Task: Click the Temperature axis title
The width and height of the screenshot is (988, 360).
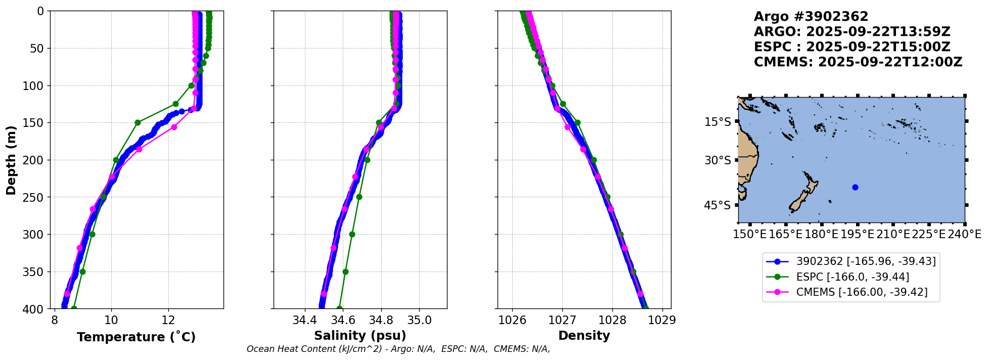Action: pyautogui.click(x=136, y=337)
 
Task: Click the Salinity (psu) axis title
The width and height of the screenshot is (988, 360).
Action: pyautogui.click(x=360, y=336)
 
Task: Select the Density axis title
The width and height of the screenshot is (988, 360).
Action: pyautogui.click(x=584, y=336)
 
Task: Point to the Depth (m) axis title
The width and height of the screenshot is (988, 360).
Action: pyautogui.click(x=11, y=160)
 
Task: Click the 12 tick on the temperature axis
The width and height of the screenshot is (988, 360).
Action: pyautogui.click(x=168, y=321)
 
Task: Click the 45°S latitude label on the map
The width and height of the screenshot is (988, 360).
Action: pyautogui.click(x=717, y=205)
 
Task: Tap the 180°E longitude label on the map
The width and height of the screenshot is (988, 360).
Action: pyautogui.click(x=821, y=235)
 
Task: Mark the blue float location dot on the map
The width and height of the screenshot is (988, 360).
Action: pyautogui.click(x=855, y=187)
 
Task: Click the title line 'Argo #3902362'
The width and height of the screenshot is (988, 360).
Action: pyautogui.click(x=811, y=17)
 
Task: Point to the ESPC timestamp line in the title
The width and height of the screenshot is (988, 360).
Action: pyautogui.click(x=852, y=47)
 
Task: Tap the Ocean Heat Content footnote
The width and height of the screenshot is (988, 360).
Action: pyautogui.click(x=398, y=349)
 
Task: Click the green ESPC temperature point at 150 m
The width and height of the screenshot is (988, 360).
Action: pyautogui.click(x=138, y=122)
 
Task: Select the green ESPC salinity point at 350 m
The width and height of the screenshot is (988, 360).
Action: pyautogui.click(x=345, y=272)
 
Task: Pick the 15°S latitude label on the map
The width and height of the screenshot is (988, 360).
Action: pyautogui.click(x=717, y=122)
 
